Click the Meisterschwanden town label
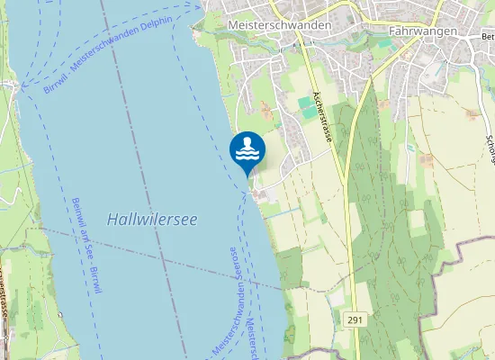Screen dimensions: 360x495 click(x=280, y=26)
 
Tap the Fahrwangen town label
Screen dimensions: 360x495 click(x=424, y=31)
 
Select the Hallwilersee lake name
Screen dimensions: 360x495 click(x=152, y=219)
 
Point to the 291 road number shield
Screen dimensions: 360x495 click(x=355, y=319)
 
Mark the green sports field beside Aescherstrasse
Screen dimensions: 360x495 click(x=309, y=107)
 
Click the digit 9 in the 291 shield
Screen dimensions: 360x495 click(x=355, y=319)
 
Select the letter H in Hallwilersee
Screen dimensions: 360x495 click(x=112, y=220)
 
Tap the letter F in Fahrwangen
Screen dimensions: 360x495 click(x=393, y=31)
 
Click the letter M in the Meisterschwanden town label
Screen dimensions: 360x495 click(x=234, y=26)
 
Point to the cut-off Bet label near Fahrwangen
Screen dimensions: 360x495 click(x=488, y=36)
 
